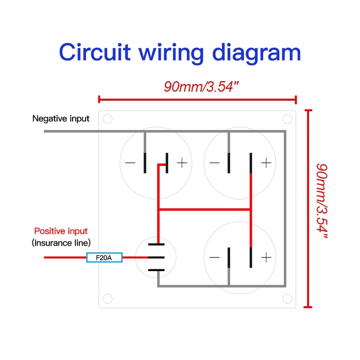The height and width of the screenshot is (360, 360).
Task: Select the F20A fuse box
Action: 105,258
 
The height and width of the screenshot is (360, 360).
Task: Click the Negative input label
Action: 61,118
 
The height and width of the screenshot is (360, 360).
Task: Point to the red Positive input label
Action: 61,231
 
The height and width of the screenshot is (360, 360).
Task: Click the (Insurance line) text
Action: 61,242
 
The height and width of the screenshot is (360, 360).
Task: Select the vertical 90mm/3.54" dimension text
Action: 322,200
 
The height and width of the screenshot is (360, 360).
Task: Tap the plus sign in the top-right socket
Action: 266,163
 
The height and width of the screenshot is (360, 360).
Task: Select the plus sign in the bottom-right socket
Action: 266,258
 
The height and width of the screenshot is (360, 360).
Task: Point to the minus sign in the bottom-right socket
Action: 214,258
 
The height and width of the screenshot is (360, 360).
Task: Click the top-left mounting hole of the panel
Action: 107,119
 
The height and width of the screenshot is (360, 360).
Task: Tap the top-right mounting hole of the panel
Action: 287,119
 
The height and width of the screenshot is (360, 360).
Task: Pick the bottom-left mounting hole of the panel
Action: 107,299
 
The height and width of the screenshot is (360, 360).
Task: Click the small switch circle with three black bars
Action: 156,257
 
